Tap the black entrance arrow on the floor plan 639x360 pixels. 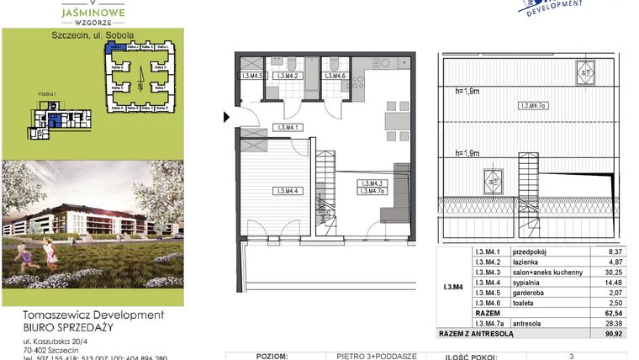[x=226, y=118]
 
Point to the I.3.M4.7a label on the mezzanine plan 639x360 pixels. [x=534, y=106]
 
